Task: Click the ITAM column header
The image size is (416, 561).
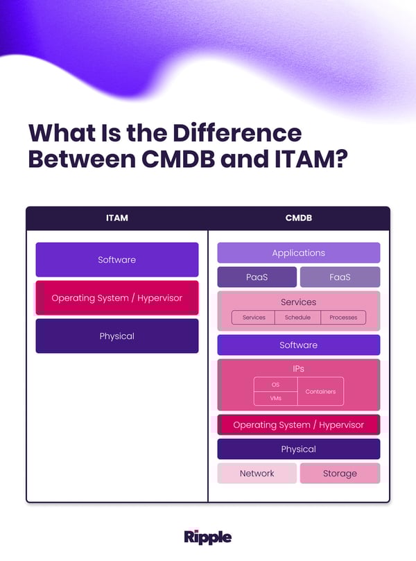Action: (x=116, y=218)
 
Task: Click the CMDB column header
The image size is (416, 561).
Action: (x=299, y=218)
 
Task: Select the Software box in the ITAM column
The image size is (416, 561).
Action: (x=116, y=259)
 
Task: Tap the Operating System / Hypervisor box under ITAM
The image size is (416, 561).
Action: (x=116, y=297)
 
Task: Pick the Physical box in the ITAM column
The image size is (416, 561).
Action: (x=116, y=336)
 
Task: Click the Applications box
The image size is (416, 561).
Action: (x=299, y=253)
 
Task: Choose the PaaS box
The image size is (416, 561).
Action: (x=257, y=277)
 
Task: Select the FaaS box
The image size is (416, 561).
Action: (x=340, y=277)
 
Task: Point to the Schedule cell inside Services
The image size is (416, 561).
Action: (x=297, y=318)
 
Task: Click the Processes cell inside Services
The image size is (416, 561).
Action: (x=343, y=318)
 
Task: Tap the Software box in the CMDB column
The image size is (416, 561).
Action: (x=299, y=345)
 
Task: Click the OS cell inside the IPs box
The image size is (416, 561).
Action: (x=275, y=384)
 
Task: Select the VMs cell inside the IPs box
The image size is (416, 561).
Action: (x=275, y=398)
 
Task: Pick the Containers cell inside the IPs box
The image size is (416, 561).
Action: (x=320, y=392)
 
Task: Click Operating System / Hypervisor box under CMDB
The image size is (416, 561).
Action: (x=299, y=424)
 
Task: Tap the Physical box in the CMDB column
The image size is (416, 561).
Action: (x=299, y=449)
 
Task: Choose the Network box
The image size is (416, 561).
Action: (x=257, y=473)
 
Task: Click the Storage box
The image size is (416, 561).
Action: (x=340, y=473)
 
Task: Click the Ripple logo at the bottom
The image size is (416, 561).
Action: (x=208, y=537)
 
